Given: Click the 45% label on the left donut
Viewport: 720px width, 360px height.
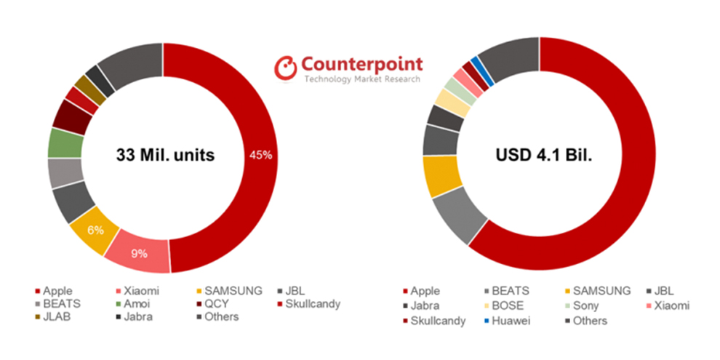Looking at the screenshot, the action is coord(261,155).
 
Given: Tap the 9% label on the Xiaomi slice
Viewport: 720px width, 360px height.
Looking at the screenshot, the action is coord(139,253).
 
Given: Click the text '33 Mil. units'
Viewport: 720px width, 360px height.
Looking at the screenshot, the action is coord(165,155).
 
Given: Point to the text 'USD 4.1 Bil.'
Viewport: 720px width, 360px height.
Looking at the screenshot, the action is coord(544,155).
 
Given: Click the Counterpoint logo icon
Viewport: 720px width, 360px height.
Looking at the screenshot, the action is coord(286,67).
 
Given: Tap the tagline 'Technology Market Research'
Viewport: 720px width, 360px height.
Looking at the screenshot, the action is coord(362,79).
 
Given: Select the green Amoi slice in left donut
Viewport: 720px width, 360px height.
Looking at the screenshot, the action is coord(65,143).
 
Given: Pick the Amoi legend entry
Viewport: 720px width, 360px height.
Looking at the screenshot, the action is coord(133,303).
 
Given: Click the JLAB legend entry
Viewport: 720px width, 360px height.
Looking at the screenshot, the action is coord(53,317).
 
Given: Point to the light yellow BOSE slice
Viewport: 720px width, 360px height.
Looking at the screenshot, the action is coord(452,103).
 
